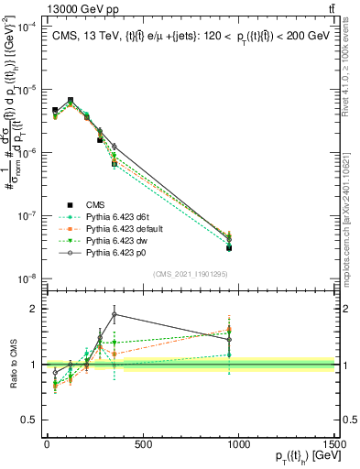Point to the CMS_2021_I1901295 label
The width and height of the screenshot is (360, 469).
coord(189,274)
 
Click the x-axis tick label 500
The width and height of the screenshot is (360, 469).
coord(142,443)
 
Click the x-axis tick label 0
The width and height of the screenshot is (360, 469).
coord(46,443)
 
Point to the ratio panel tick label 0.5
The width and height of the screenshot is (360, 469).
coord(29,420)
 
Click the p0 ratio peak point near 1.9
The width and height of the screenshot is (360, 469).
coord(114,314)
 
